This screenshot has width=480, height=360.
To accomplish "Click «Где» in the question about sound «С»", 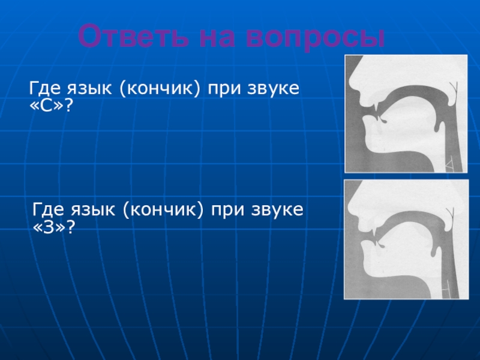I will click(44, 89).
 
